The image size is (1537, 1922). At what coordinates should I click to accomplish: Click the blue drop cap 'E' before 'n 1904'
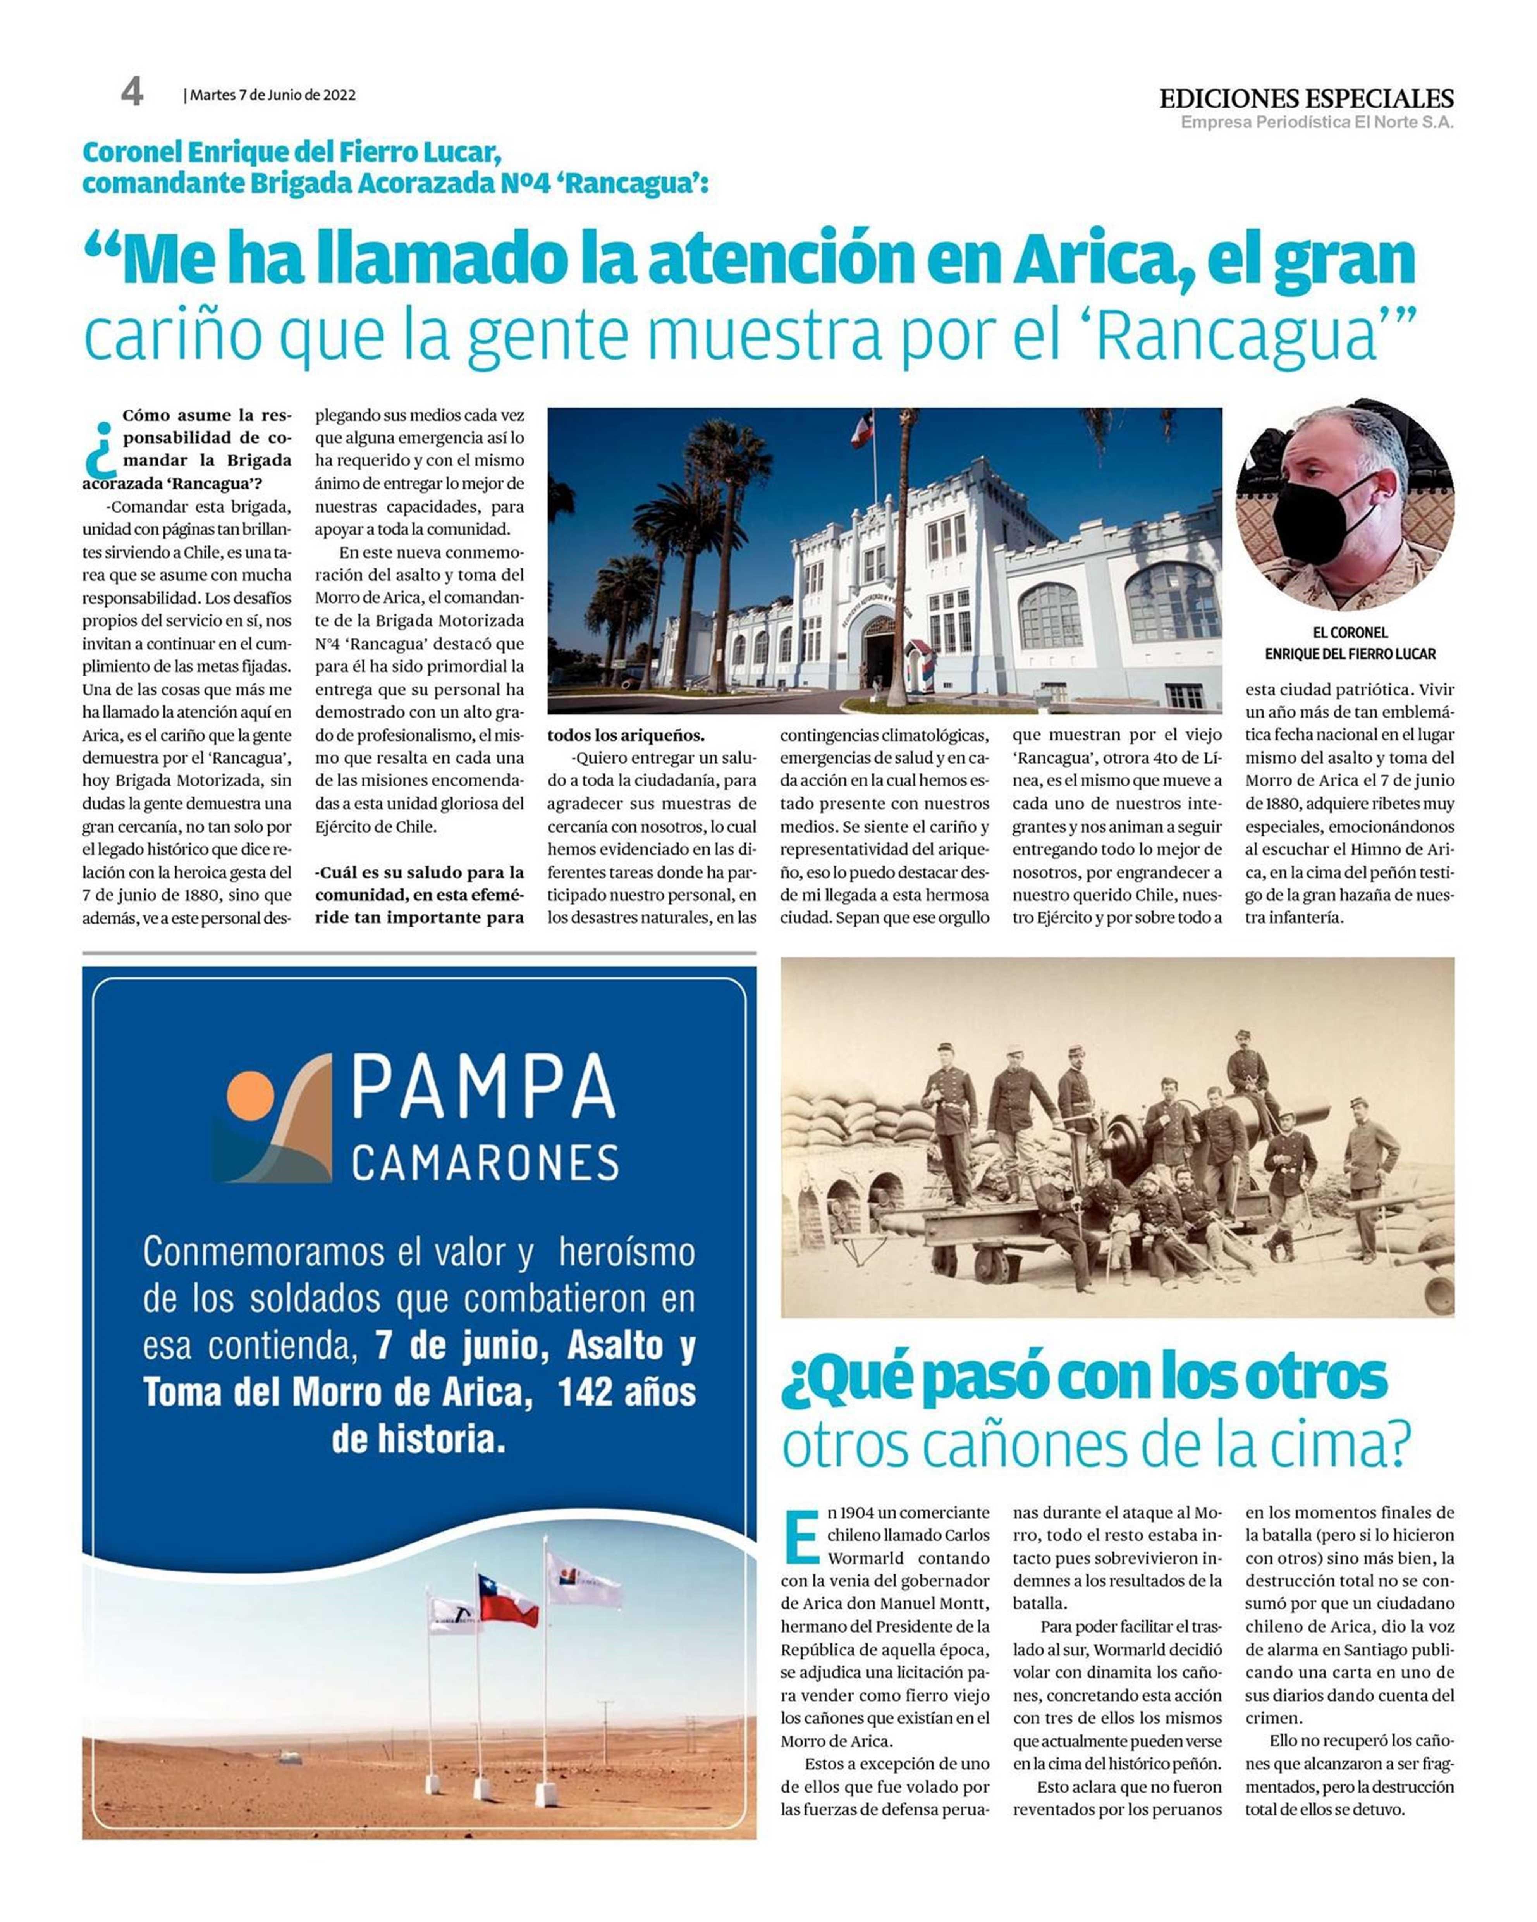click(801, 1536)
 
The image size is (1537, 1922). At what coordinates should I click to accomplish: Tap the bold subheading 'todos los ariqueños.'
click(626, 735)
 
